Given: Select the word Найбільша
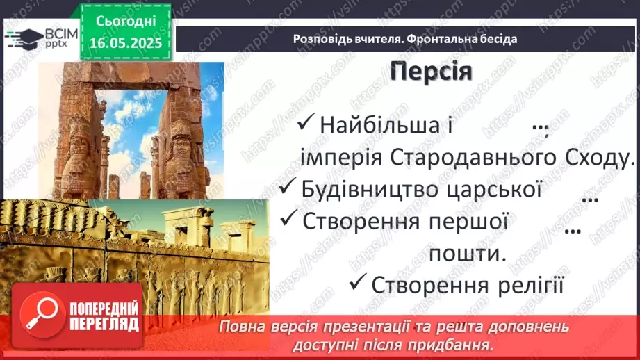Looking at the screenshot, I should click(x=379, y=126).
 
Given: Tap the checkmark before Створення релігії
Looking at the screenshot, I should click(x=358, y=283).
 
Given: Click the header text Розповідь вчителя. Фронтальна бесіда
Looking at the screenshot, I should click(x=405, y=39).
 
